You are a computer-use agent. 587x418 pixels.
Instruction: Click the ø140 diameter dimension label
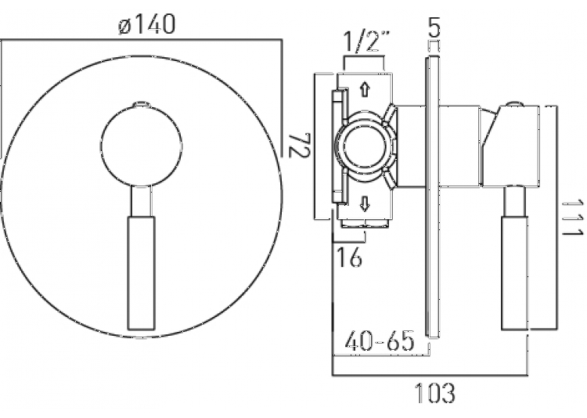click(146, 24)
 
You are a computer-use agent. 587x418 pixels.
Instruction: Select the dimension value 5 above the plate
click(434, 27)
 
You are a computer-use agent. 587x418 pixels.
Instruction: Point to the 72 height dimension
click(300, 145)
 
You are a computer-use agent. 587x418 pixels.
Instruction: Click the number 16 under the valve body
click(350, 257)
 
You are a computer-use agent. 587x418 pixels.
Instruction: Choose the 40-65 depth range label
click(380, 341)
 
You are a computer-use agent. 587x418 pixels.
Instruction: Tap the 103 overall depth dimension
click(435, 392)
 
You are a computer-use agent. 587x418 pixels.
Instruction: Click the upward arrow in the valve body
click(364, 90)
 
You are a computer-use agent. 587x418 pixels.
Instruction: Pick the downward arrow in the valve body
click(364, 204)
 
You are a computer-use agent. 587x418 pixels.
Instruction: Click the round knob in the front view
click(141, 146)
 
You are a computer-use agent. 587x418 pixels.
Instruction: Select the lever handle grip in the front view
click(141, 273)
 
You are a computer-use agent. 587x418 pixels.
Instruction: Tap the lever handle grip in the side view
click(515, 273)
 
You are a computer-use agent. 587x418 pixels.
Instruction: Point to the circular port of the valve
click(363, 146)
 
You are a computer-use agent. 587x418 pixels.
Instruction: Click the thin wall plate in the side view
click(434, 197)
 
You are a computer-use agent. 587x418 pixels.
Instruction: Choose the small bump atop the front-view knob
click(141, 104)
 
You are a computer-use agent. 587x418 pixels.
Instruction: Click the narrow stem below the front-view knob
click(141, 201)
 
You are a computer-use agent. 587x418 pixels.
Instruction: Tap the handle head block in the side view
click(510, 146)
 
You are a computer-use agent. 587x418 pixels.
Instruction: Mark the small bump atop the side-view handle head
click(515, 104)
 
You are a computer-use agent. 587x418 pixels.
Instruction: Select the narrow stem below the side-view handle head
click(515, 201)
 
